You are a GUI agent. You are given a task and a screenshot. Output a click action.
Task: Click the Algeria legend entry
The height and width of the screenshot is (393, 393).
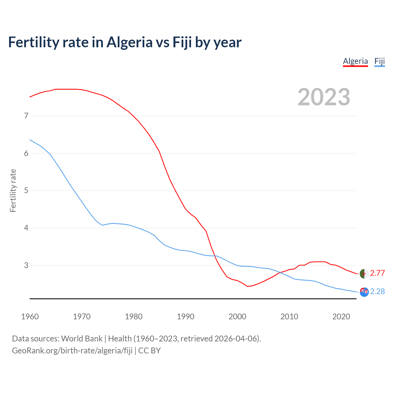pos(355,61)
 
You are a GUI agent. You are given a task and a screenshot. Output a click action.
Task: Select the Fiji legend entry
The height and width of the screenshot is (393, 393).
pos(379,61)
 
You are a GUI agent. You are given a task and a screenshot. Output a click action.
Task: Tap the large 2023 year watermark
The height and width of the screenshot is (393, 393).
pos(324,97)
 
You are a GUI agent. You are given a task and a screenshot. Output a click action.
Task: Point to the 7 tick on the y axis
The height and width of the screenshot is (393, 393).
pos(26,116)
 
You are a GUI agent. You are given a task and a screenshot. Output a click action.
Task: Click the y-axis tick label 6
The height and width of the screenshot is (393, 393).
pos(26,153)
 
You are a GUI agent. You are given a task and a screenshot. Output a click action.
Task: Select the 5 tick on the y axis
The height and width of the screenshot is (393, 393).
pos(26,191)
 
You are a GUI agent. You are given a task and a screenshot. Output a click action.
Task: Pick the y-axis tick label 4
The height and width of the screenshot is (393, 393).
pos(26,228)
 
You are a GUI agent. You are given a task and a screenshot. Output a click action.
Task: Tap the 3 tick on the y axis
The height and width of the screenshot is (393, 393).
pos(26,265)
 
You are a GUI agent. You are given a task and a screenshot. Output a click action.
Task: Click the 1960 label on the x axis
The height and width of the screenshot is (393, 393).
pos(30,317)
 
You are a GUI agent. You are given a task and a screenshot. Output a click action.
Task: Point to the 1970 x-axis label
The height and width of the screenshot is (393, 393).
pos(82,317)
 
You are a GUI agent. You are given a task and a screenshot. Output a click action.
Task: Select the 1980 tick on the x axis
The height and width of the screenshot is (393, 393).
pos(134,317)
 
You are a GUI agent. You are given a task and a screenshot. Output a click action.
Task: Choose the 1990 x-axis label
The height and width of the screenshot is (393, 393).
pos(185,317)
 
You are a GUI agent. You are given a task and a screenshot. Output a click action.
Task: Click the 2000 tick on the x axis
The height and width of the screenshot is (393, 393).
pos(237,317)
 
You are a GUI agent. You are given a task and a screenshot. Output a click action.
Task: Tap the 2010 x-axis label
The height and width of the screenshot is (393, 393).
pos(289,317)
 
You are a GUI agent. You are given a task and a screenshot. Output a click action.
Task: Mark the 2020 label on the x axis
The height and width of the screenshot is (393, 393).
pos(341,317)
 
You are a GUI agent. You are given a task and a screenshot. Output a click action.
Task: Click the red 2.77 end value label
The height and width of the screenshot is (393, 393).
pos(377,273)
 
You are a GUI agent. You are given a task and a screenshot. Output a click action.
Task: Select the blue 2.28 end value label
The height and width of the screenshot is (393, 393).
pos(377,291)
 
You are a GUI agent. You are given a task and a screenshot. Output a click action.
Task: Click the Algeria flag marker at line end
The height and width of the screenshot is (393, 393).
pos(364,273)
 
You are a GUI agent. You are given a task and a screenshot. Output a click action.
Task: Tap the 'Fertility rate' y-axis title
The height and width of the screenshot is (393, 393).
pos(13,190)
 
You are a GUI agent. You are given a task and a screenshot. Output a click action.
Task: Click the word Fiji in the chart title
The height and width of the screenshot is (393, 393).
pos(182,42)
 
